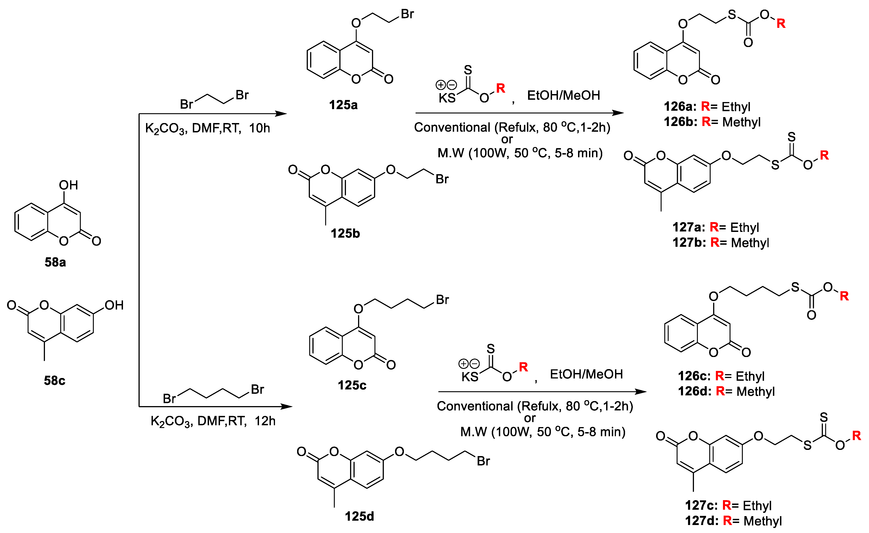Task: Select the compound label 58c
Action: (55, 380)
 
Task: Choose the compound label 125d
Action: (359, 516)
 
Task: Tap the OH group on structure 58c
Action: (114, 305)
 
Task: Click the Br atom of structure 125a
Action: (407, 14)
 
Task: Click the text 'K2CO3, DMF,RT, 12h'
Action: (213, 421)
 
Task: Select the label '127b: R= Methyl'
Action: (720, 242)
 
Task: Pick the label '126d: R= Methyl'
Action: (726, 391)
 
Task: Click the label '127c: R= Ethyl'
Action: (728, 505)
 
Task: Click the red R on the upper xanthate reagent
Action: (500, 88)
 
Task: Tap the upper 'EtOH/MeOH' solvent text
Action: (563, 95)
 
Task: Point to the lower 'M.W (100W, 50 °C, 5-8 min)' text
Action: (543, 432)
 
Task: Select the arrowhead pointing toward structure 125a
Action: (281, 114)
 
